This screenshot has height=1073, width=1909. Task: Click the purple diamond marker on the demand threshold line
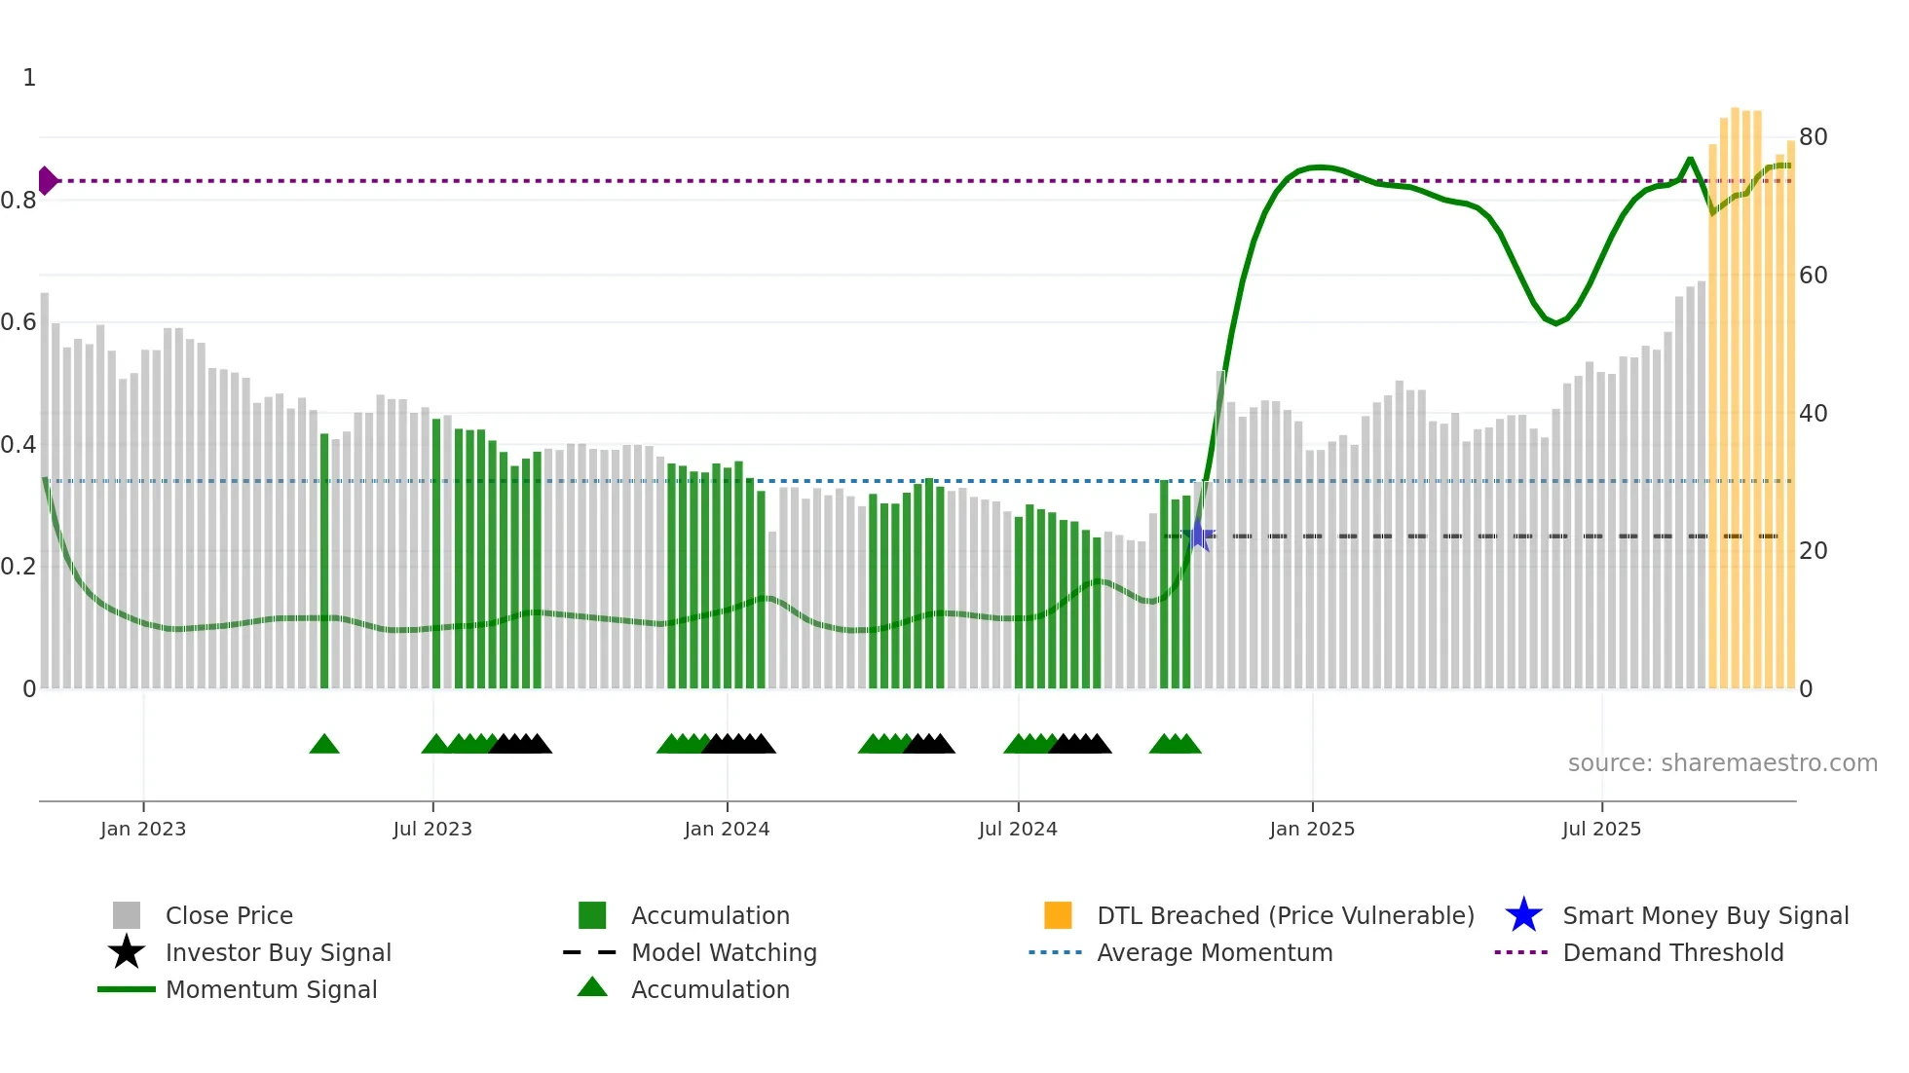(x=47, y=180)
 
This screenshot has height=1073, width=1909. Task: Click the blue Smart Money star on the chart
(x=1199, y=536)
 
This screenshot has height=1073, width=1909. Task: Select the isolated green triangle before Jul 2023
(x=324, y=745)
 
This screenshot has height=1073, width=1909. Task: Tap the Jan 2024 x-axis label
(x=727, y=829)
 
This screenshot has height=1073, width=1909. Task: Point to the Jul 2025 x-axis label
(x=1601, y=829)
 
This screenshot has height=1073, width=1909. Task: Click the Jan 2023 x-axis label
(x=143, y=829)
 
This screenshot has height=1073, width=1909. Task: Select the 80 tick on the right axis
(x=1813, y=137)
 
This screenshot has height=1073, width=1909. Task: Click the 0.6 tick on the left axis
(x=19, y=322)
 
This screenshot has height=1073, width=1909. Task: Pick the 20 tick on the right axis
(x=1813, y=551)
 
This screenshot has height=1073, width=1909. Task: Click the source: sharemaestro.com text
(x=1722, y=763)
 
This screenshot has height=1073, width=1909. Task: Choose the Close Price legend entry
(x=229, y=915)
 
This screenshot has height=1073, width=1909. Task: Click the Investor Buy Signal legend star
(x=127, y=952)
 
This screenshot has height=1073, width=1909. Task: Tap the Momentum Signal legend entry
(x=271, y=989)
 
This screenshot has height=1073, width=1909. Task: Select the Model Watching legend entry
(x=724, y=952)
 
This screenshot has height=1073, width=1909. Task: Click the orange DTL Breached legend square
(x=1058, y=915)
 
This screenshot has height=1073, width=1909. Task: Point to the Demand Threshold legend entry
(x=1672, y=952)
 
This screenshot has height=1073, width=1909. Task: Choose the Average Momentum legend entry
(x=1215, y=952)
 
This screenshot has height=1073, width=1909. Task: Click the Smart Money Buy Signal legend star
(x=1523, y=915)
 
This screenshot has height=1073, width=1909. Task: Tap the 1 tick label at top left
(x=29, y=78)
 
